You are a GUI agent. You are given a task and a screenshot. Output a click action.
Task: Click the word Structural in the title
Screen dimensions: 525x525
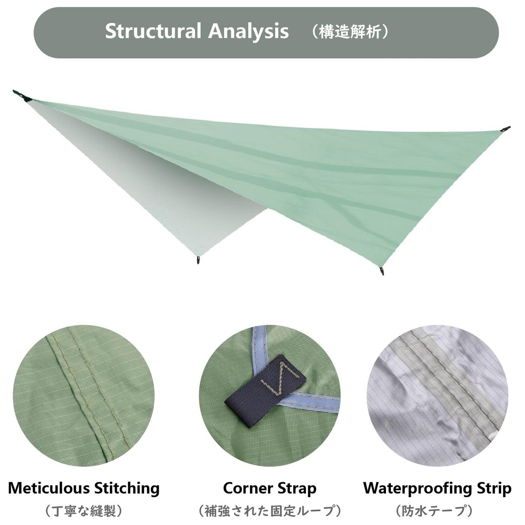[x=153, y=32]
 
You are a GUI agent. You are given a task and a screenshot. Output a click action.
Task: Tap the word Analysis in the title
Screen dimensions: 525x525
[x=249, y=32]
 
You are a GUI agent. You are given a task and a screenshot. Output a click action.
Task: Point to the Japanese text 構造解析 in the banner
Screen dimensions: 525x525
[x=350, y=32]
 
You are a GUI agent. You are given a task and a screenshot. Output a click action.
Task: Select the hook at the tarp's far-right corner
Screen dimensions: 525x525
[x=505, y=130]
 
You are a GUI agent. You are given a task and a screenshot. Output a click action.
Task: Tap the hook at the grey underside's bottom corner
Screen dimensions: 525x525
[x=199, y=260]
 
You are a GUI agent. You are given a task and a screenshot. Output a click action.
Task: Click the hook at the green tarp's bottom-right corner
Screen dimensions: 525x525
[x=382, y=271]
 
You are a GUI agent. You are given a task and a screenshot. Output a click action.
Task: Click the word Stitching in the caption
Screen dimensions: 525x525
[x=127, y=488]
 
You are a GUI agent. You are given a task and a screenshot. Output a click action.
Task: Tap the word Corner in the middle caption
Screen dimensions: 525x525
[x=248, y=488]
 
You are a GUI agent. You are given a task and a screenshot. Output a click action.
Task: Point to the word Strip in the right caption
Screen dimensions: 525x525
[x=494, y=488]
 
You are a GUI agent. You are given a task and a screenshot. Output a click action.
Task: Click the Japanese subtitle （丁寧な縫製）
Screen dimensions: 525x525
[x=84, y=511]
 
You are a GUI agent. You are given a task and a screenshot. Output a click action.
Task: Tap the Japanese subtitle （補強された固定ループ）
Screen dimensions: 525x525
[x=270, y=511]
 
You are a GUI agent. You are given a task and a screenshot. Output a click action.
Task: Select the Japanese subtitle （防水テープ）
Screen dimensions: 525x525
[x=434, y=511]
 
